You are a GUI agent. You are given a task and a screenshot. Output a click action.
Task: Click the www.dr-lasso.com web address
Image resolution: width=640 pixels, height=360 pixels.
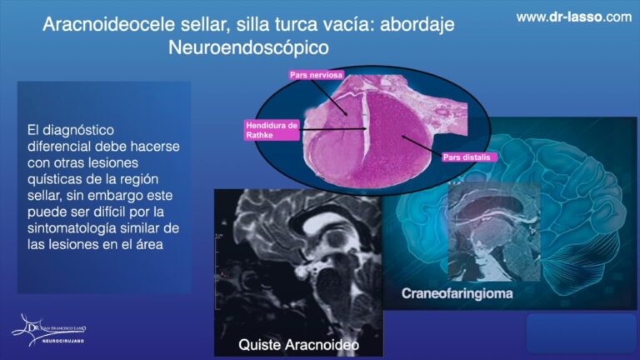click(573, 17)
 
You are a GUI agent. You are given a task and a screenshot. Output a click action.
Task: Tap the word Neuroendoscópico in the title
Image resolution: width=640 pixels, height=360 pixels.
click(248, 47)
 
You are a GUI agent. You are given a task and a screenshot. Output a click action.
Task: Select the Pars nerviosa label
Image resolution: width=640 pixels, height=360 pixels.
click(316, 75)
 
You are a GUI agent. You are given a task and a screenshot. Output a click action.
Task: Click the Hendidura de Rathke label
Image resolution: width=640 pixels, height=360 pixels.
click(271, 129)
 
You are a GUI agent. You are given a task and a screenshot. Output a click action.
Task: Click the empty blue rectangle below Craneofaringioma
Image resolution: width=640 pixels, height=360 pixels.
click(581, 332)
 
